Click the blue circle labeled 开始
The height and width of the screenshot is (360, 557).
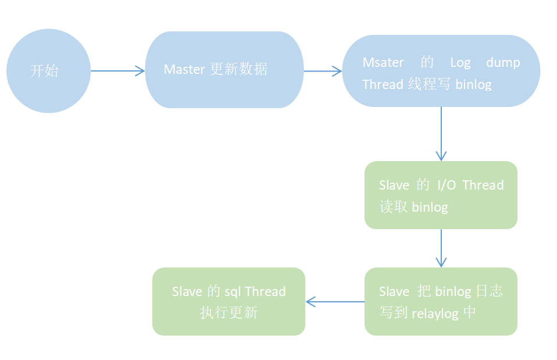coord(48,71)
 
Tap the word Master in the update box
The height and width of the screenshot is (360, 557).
coord(184,69)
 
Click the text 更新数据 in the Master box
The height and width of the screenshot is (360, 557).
coord(238,69)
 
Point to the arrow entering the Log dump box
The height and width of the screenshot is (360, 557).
coord(323,72)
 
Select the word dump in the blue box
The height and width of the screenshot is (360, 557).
coord(503,62)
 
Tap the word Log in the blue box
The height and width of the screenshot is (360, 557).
coord(460,62)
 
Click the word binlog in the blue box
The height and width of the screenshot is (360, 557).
coord(473,84)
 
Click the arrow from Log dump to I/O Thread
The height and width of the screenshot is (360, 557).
coord(441,134)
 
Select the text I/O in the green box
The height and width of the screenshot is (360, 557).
coord(447,185)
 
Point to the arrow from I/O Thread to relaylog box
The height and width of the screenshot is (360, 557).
coord(441,248)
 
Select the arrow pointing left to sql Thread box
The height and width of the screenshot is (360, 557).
coord(335,301)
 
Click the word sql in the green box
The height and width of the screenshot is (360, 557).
coord(233,291)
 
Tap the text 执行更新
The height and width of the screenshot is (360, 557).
coord(228,313)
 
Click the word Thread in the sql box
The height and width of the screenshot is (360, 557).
coord(266,291)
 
